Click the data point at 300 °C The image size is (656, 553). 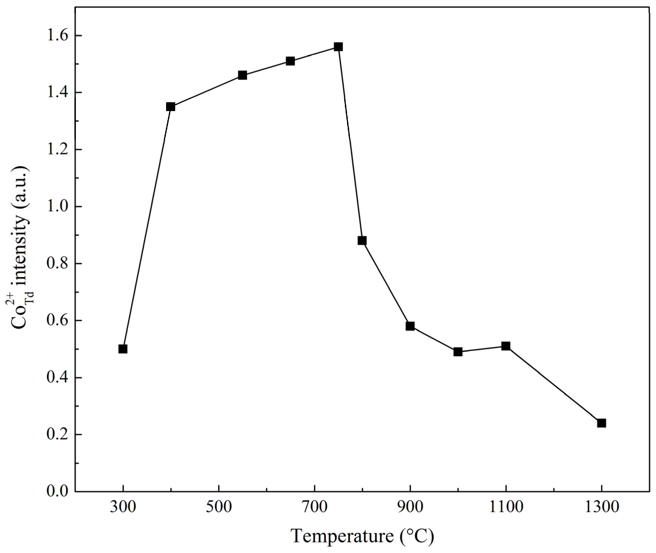[123, 349]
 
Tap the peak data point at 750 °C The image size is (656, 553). [338, 47]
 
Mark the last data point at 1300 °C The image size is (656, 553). [601, 423]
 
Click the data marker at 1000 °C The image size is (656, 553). [458, 352]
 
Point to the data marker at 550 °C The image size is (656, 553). [242, 75]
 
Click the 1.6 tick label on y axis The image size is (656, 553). [57, 36]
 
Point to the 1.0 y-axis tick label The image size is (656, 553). [57, 207]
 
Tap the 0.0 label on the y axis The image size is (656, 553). [57, 491]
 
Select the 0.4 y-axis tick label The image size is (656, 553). [57, 378]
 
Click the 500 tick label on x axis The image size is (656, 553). [219, 507]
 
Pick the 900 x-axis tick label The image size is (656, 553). [410, 507]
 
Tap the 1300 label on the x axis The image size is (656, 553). [601, 507]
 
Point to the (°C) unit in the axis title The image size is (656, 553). [417, 536]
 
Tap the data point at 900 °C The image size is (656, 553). [410, 326]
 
